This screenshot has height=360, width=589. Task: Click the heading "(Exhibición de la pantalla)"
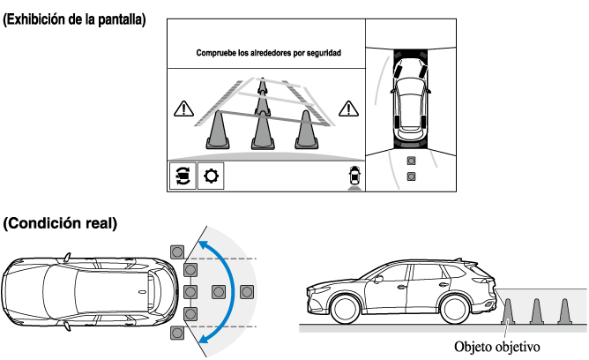75,19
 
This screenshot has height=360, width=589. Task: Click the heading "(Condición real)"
60,224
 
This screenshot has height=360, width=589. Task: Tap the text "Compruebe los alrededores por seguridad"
268,54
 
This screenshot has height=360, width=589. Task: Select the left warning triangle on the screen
183,109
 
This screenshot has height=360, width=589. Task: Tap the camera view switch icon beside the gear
183,176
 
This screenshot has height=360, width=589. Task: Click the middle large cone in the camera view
261,131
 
